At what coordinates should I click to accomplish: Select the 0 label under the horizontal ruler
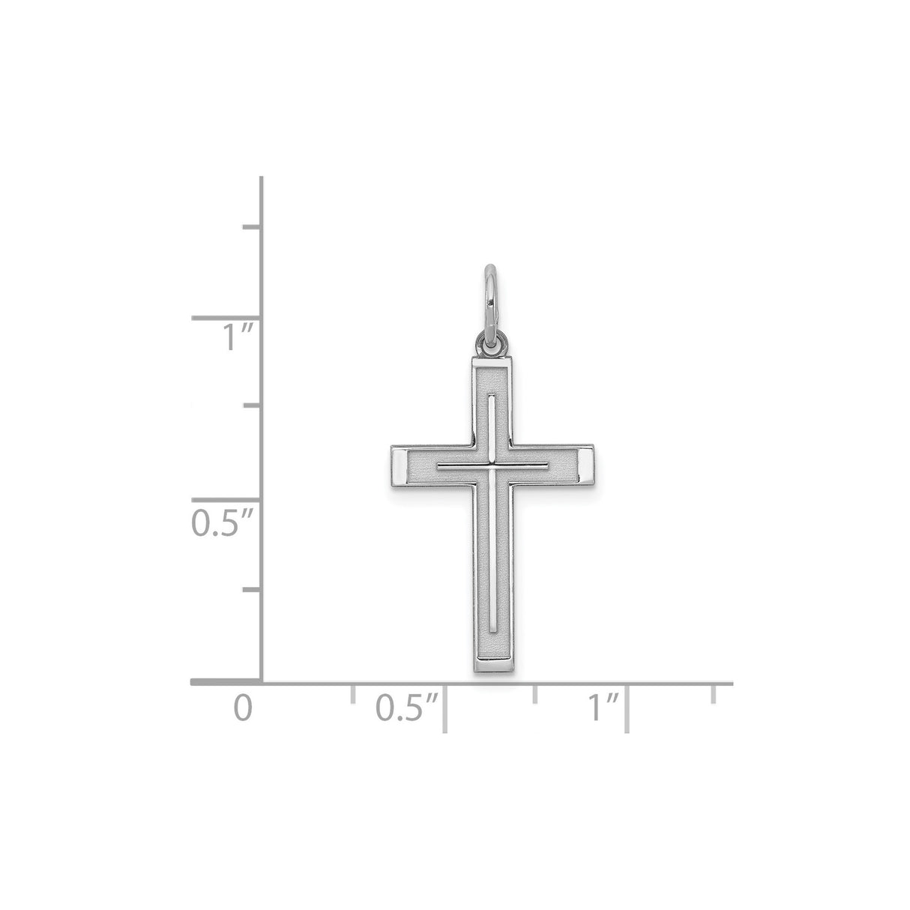pos(239,708)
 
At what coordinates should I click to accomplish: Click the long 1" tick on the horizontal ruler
pos(627,706)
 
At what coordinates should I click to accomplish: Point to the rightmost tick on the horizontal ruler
pos(714,693)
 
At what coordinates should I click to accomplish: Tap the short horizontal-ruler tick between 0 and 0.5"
pos(352,693)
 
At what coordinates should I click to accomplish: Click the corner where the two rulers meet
pos(261,682)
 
